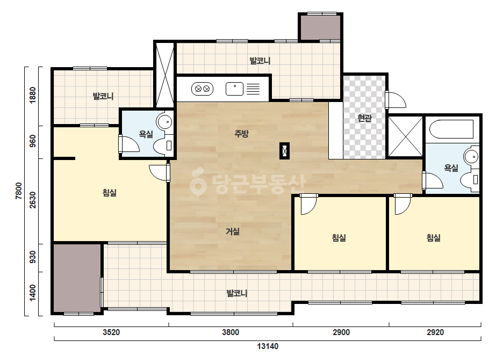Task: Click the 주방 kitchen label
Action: click(241, 133)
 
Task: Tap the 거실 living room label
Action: click(233, 231)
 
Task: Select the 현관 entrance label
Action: click(364, 118)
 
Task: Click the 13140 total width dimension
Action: click(268, 346)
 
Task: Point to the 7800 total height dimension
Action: click(19, 191)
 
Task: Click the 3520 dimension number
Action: click(111, 332)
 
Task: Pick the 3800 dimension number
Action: click(231, 332)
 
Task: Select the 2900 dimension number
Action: click(341, 332)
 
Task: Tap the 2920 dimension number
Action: click(435, 332)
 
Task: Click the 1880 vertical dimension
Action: click(33, 95)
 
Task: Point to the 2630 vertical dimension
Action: click(33, 200)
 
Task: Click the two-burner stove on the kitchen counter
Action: click(203, 89)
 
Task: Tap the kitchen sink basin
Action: click(234, 89)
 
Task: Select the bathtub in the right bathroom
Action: click(451, 129)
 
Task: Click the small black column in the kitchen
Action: click(284, 151)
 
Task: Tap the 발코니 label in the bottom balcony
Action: click(237, 293)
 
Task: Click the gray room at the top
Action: click(320, 27)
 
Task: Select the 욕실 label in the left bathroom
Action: click(146, 134)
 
